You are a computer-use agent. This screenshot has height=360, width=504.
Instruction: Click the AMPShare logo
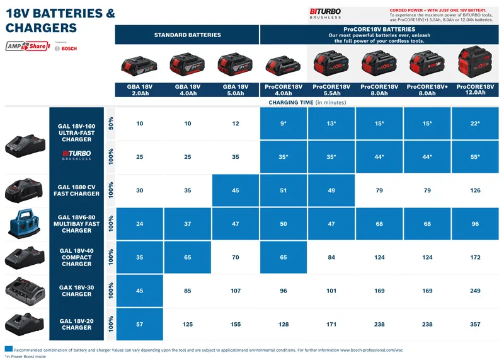27,46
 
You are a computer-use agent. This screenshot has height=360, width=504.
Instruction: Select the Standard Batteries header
187,35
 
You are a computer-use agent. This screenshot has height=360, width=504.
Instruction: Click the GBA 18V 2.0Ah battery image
139,65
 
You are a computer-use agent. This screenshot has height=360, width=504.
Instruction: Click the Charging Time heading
307,102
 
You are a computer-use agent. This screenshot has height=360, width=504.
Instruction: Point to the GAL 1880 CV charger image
26,190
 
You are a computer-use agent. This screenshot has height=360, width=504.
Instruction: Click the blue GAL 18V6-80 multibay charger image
26,223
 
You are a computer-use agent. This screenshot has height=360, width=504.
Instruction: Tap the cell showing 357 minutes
475,324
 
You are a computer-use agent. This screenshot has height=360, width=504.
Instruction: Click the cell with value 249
475,291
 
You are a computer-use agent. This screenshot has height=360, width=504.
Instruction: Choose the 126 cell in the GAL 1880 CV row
475,190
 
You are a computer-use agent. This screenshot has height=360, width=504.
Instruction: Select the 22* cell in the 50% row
475,124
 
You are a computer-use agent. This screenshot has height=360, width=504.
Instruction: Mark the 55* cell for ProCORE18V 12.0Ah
475,156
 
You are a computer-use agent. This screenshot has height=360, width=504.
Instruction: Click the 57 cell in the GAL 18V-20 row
139,324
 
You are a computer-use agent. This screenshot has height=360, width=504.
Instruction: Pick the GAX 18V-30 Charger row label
76,291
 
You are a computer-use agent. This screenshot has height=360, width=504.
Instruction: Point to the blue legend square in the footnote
8,349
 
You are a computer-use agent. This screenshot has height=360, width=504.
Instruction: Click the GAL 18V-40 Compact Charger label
76,257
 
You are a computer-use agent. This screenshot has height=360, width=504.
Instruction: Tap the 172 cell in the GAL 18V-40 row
475,257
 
